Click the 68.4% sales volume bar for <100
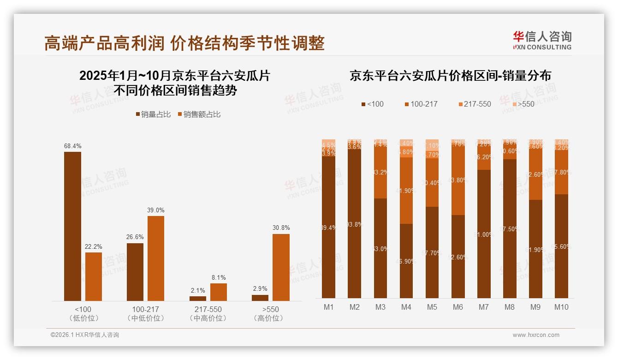click(72, 226)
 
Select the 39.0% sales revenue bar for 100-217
click(155, 258)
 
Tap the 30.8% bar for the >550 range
click(281, 267)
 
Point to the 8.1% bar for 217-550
click(219, 292)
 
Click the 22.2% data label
click(93, 247)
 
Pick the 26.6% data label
click(135, 237)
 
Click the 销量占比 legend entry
click(153, 114)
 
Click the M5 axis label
click(432, 307)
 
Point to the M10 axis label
click(561, 307)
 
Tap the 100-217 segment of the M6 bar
click(458, 180)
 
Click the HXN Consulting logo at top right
click(542, 40)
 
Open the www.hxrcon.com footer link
click(536, 335)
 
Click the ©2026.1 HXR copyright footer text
click(85, 335)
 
